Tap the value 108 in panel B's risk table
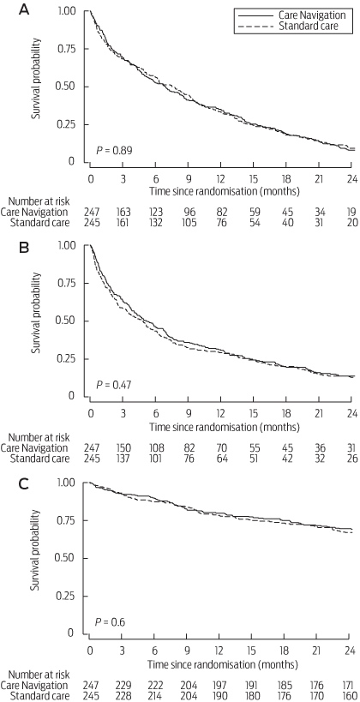(x=155, y=448)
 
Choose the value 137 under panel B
(x=123, y=459)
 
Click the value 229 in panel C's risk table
(x=123, y=685)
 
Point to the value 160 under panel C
(x=351, y=695)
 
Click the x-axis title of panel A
(x=224, y=190)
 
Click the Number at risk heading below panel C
(x=35, y=675)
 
